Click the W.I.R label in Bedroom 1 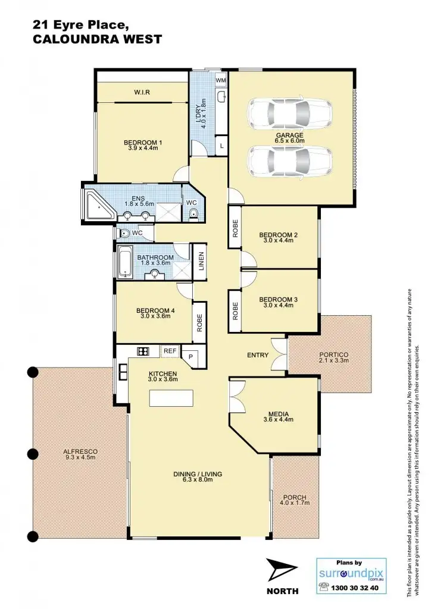click(x=141, y=92)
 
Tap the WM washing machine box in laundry click(x=221, y=80)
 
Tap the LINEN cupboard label click(x=201, y=262)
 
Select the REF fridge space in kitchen click(x=169, y=351)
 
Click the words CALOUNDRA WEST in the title click(x=90, y=40)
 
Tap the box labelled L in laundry click(x=221, y=145)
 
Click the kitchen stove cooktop click(x=143, y=351)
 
